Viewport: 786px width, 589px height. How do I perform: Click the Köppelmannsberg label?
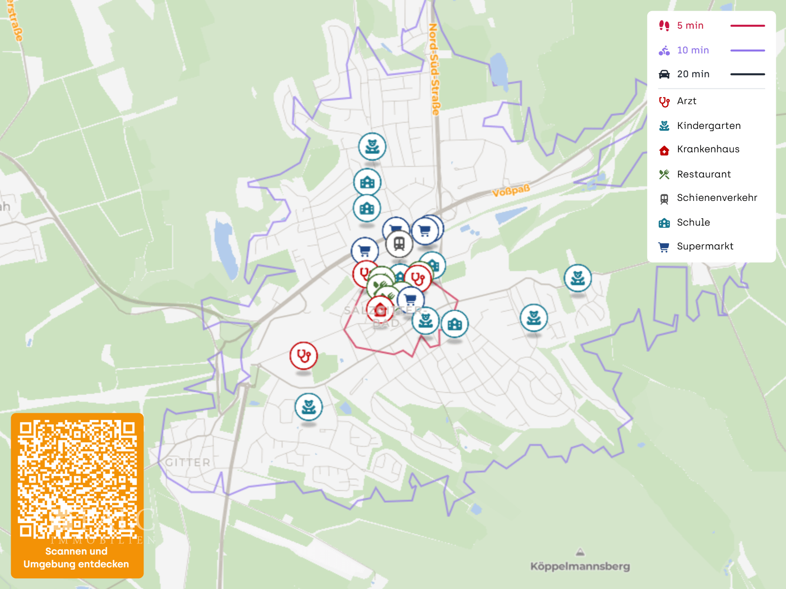tap(580, 566)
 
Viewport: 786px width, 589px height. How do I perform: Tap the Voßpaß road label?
tap(511, 191)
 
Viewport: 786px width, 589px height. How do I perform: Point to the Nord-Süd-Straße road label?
tap(434, 69)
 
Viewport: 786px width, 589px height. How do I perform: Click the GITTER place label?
tap(188, 462)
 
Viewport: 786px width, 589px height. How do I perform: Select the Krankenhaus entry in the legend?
tap(708, 149)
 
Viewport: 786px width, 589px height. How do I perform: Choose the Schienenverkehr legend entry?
tap(717, 198)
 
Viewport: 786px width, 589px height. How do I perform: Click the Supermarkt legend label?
tap(705, 246)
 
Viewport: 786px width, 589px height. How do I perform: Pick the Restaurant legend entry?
tap(703, 174)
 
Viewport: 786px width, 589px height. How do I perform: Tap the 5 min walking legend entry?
tap(690, 26)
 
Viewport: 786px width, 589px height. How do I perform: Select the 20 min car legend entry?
tap(693, 74)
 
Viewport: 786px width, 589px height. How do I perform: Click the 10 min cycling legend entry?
tap(693, 50)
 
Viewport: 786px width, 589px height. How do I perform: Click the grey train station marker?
tap(399, 243)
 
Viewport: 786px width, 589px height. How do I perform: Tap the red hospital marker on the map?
tap(380, 310)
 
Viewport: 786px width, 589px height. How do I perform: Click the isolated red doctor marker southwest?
tap(304, 355)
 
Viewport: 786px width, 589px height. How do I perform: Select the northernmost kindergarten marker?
tap(372, 146)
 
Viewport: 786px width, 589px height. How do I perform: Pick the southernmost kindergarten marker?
tap(308, 407)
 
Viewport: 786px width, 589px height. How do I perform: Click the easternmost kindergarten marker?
tap(577, 278)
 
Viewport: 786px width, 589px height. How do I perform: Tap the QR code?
tap(77, 479)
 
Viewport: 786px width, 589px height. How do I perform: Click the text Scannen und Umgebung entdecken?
tap(76, 558)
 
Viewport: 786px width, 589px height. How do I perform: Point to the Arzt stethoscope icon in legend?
tap(664, 102)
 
